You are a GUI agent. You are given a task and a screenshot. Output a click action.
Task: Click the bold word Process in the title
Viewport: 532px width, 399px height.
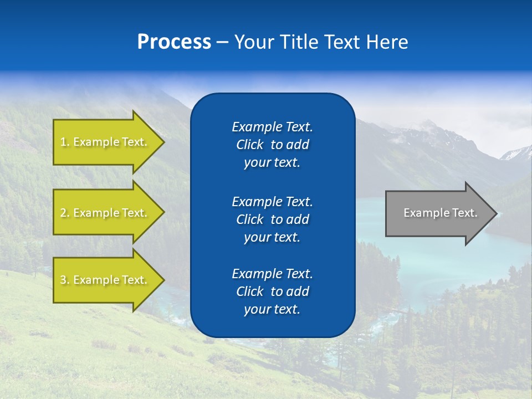click(174, 42)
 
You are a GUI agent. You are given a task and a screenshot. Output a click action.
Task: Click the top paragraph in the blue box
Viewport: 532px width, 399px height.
click(272, 145)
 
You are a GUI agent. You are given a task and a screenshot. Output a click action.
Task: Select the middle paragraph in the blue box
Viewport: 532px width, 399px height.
click(272, 219)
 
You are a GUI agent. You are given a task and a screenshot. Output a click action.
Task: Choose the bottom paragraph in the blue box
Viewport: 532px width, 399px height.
click(272, 291)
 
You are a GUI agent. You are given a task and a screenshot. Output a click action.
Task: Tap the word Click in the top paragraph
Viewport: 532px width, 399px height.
click(249, 145)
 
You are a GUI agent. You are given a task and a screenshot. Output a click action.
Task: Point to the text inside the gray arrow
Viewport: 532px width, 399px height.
click(440, 213)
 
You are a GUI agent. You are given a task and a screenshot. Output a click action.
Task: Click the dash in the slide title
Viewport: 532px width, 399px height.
click(222, 43)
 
